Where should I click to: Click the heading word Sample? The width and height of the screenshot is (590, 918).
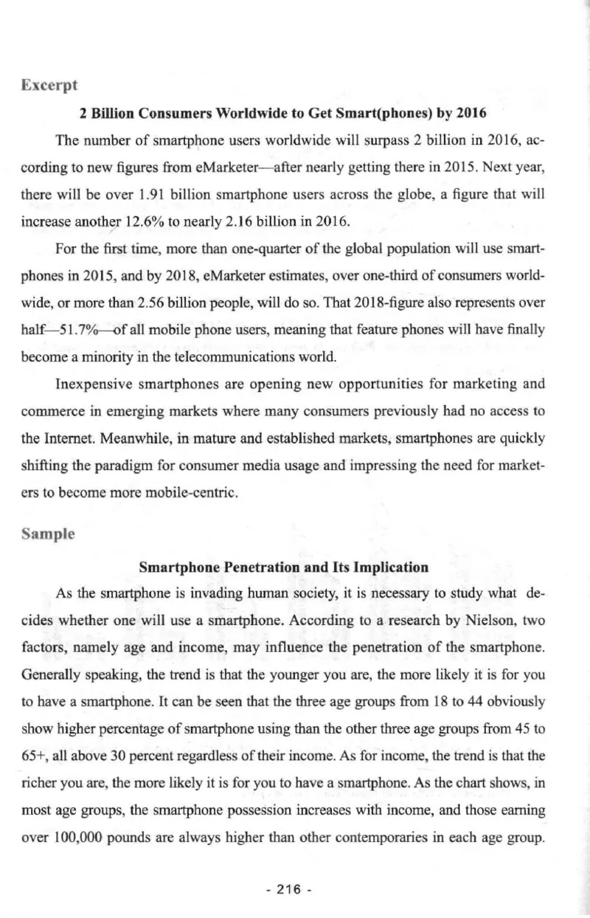click(46, 532)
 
